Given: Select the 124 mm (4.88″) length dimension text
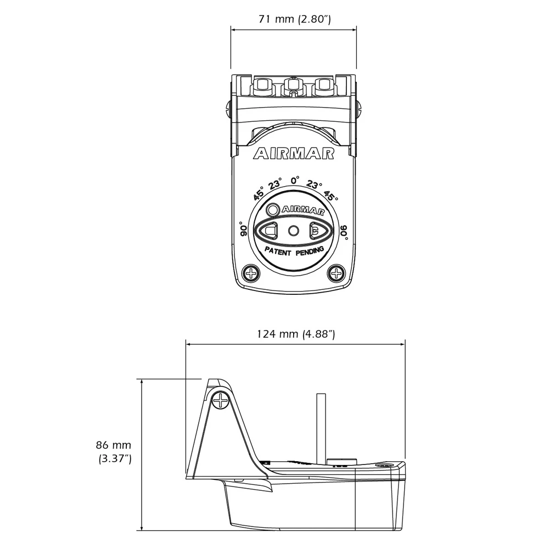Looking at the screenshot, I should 296,334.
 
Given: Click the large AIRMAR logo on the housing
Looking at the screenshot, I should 294,154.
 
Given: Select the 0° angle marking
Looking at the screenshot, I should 295,180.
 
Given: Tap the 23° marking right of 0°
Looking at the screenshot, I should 314,184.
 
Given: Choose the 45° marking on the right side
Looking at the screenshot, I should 330,195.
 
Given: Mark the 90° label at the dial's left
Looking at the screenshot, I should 244,229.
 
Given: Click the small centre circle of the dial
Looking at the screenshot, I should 294,231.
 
